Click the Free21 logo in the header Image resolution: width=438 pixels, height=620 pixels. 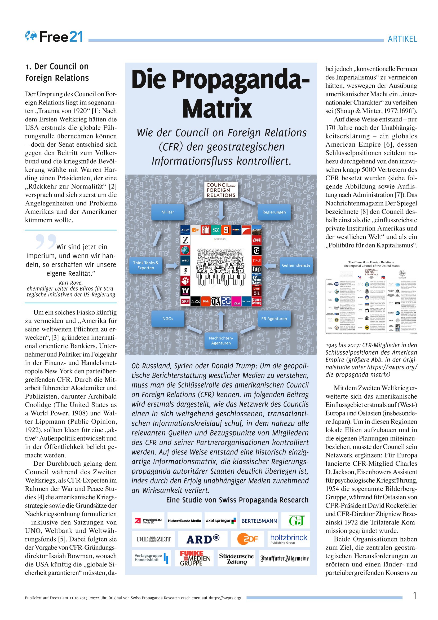pos(54,36)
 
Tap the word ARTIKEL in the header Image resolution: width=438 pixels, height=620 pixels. pos(402,39)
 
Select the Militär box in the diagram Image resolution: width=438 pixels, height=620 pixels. pos(167,212)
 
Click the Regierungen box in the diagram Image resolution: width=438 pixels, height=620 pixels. pos(274,212)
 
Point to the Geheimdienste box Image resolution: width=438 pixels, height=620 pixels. pos(296,265)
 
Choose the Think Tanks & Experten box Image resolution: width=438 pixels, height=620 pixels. pos(146,265)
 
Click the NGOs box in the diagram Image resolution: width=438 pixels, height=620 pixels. pos(167,319)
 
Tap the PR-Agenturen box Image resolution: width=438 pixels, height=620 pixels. pos(274,319)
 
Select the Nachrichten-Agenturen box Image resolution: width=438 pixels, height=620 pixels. pos(221,340)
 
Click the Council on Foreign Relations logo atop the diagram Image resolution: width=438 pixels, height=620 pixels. pos(221,190)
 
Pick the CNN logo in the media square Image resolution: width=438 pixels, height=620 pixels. pos(256,240)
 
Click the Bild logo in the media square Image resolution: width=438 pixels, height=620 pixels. pos(206,230)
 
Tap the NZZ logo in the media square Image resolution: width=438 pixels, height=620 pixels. pos(195,301)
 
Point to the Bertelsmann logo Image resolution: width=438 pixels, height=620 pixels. pos(259,521)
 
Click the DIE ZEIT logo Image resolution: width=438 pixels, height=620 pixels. pos(153,539)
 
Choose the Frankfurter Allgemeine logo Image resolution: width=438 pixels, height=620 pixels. pos(284,558)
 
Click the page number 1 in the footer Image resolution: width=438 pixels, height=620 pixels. pos(415,595)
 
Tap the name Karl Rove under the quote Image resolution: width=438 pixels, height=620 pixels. pos(71,283)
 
